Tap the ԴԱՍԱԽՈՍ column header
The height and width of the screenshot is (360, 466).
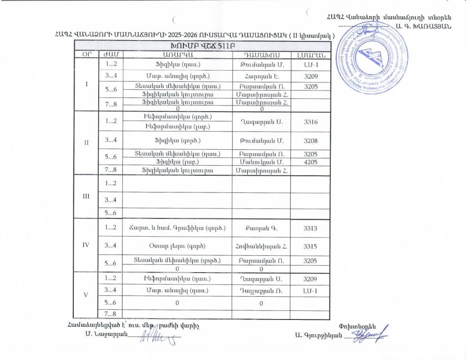[261, 55]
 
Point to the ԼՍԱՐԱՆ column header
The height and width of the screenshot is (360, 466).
[309, 55]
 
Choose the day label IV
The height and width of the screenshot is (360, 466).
[86, 245]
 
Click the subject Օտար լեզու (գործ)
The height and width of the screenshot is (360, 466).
[177, 246]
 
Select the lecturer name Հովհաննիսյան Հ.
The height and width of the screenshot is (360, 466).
[261, 246]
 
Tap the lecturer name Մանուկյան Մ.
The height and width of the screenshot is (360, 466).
[261, 162]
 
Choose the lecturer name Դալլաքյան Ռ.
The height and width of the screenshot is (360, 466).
[261, 290]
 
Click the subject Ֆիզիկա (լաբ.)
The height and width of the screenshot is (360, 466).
[177, 162]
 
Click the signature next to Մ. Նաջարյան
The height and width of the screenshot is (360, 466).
[157, 337]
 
